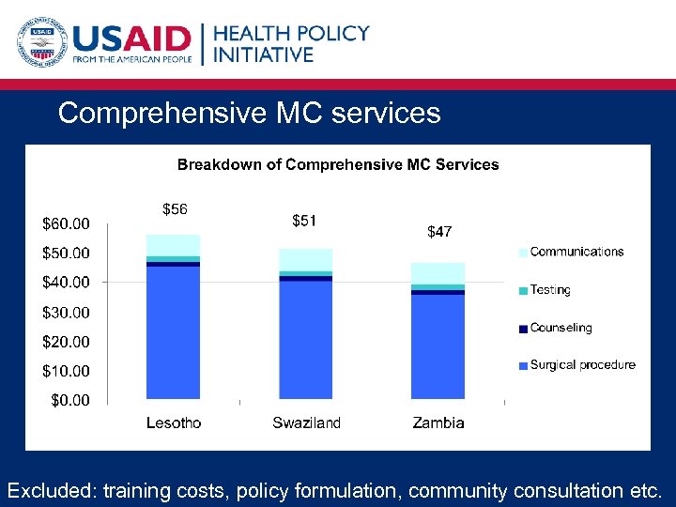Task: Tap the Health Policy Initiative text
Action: (x=291, y=43)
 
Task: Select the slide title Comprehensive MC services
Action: (x=249, y=114)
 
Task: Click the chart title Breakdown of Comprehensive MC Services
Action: (x=338, y=164)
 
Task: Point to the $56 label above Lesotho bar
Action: (x=175, y=208)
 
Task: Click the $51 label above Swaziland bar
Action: (x=304, y=221)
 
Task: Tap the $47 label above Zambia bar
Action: (x=439, y=231)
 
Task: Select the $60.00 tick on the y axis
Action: (x=66, y=223)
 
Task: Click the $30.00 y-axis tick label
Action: (x=66, y=312)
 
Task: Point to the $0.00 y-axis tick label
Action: (x=69, y=400)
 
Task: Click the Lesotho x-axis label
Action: (x=174, y=422)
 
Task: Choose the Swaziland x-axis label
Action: (x=306, y=422)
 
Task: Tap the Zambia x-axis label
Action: (x=438, y=422)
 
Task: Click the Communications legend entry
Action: (x=576, y=252)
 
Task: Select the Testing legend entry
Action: (x=549, y=290)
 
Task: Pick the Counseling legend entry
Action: (x=561, y=328)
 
